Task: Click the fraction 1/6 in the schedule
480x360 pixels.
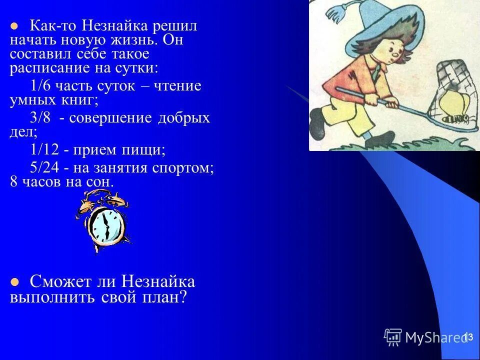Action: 39,86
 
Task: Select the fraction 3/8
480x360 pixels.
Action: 39,118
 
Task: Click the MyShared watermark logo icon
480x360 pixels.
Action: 393,337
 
